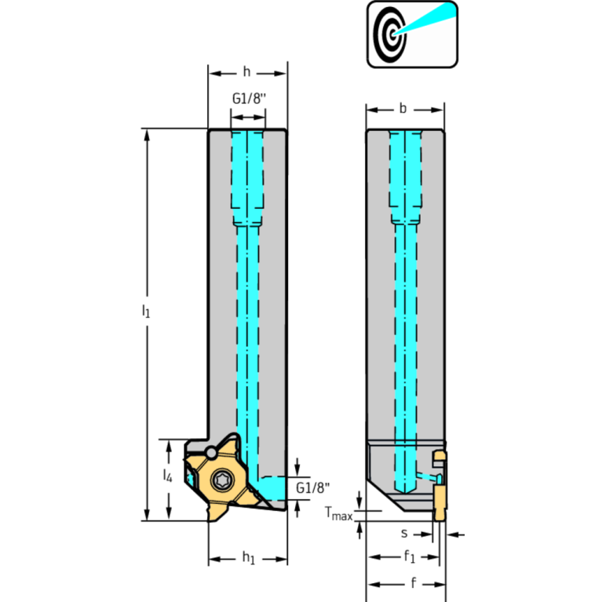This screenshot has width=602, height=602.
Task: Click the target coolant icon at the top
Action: click(x=412, y=35)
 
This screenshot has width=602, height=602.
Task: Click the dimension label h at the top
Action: click(x=247, y=71)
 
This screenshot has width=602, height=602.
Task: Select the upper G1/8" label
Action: click(x=249, y=98)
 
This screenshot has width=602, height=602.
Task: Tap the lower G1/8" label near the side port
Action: click(x=312, y=487)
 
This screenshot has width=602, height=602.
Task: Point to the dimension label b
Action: click(x=403, y=108)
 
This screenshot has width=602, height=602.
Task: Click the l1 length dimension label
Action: click(x=145, y=311)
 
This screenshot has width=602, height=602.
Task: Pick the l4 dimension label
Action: click(x=167, y=476)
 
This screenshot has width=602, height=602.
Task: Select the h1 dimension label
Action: click(x=249, y=557)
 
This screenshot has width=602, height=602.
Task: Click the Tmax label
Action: click(x=338, y=513)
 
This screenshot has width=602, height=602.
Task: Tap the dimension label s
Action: click(x=404, y=533)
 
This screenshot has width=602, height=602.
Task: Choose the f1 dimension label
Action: click(x=410, y=556)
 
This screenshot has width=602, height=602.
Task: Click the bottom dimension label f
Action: click(x=413, y=583)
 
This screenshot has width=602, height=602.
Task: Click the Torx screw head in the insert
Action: click(x=222, y=480)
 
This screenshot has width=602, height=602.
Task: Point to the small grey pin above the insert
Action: click(x=211, y=453)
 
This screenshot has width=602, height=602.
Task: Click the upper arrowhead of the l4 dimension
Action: click(x=169, y=446)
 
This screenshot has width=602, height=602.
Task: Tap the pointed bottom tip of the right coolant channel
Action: click(x=405, y=494)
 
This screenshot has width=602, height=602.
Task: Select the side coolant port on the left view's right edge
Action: click(x=272, y=488)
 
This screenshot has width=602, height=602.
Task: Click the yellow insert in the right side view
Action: click(x=440, y=486)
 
